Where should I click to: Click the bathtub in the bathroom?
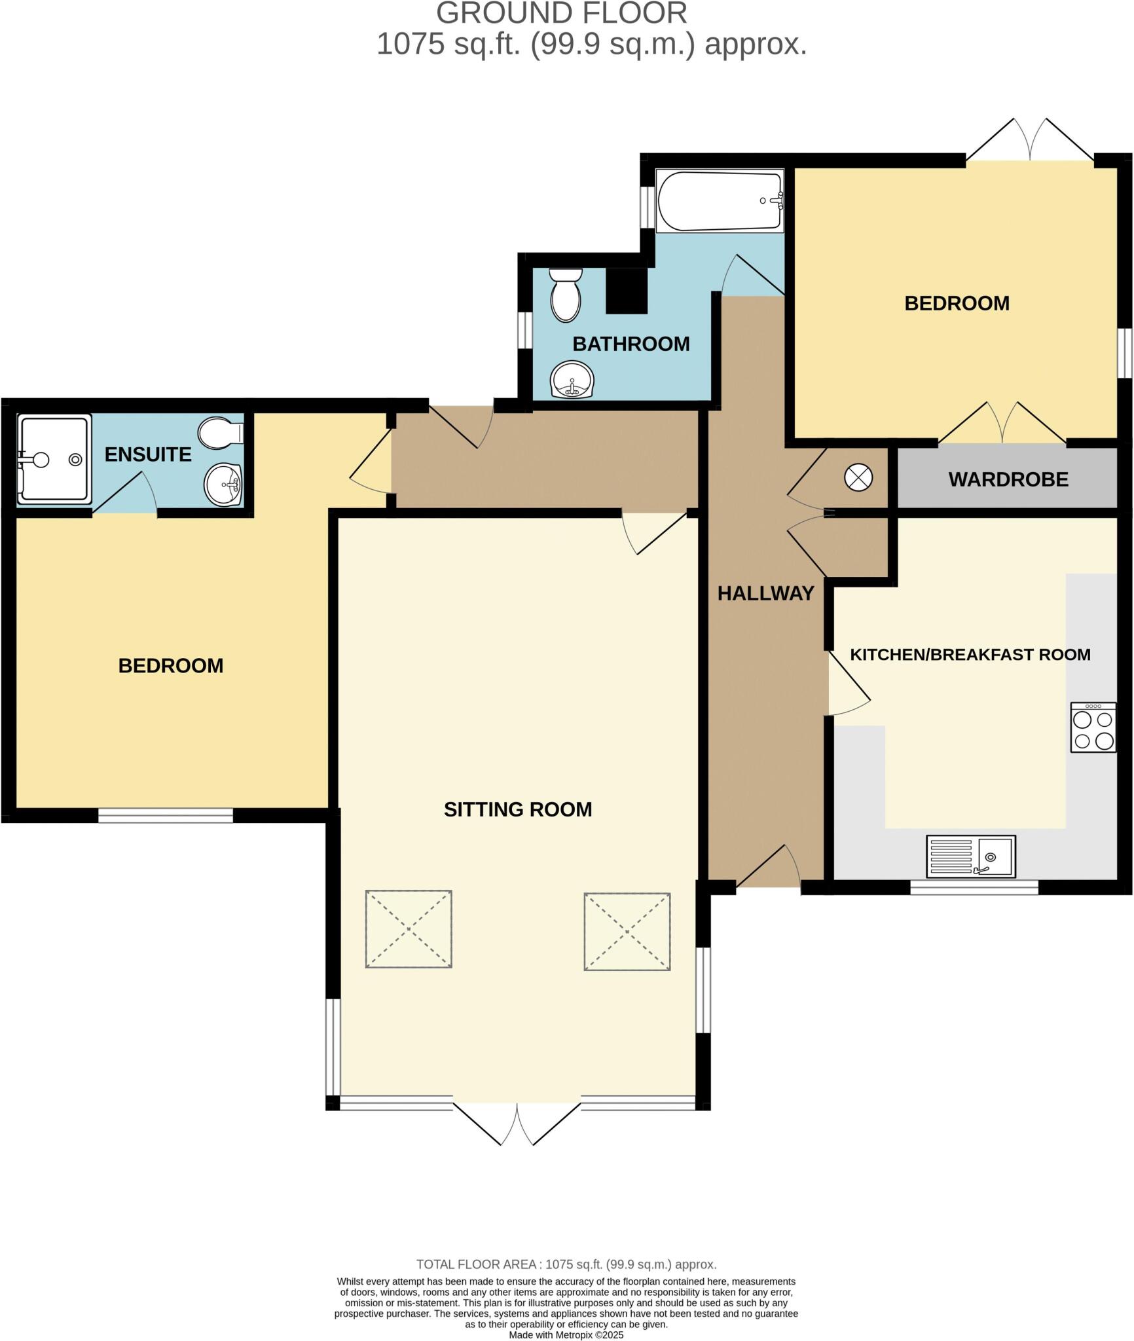719,201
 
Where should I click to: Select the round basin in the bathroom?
572,380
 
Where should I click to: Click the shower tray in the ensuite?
54,460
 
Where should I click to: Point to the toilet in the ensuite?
221,433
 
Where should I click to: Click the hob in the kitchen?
1093,727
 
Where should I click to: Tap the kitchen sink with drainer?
970,856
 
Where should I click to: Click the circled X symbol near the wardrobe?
858,477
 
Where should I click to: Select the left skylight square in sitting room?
409,928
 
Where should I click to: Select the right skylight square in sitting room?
627,931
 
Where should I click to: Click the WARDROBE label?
1008,479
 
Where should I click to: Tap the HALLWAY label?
765,593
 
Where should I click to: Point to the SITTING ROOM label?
517,809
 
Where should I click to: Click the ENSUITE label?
148,454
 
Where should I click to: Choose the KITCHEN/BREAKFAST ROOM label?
970,654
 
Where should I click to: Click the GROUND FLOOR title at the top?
561,14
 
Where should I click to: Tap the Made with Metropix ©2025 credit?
566,1334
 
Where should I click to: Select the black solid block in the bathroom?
626,290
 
